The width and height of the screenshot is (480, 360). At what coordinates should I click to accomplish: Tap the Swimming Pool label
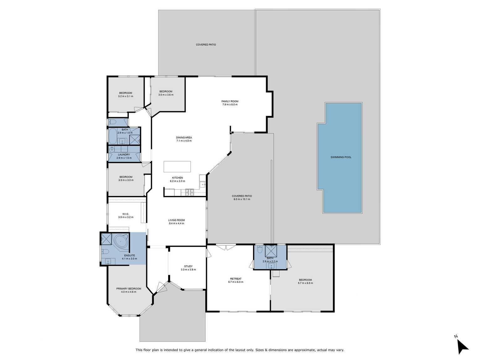pos(341,157)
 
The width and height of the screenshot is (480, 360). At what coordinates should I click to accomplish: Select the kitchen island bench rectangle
pos(177,167)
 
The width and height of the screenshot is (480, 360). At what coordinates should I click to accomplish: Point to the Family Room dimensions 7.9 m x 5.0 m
pos(230,105)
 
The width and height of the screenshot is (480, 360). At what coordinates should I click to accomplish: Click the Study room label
pos(188,266)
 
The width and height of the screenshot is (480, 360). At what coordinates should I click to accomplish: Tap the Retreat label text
pos(236,279)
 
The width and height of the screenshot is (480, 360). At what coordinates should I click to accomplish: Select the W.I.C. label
pos(126,214)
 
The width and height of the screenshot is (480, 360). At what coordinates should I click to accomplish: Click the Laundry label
pos(124,155)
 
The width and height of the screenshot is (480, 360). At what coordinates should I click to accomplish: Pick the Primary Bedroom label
pos(129,289)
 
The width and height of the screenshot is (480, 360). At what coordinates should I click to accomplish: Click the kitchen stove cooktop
pos(189,192)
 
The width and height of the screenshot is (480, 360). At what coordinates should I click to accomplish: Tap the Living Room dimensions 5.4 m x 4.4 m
pos(177,224)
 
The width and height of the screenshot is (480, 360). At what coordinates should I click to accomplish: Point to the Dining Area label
pos(184,137)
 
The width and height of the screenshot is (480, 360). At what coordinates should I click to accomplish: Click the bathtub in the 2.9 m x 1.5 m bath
pos(113,136)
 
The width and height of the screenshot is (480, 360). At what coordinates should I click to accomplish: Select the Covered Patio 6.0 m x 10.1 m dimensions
pos(242,199)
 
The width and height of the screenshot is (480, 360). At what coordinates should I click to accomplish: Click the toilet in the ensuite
pos(105,252)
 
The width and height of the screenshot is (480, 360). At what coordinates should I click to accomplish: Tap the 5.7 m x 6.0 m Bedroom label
pos(305,280)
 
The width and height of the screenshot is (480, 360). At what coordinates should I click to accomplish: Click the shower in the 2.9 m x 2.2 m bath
pos(271,251)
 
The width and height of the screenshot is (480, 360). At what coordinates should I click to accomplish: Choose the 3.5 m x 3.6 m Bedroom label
pos(166,91)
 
